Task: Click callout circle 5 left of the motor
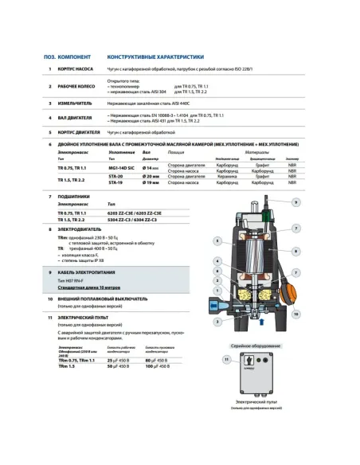click(x=217, y=240)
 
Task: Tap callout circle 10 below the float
click(x=296, y=315)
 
